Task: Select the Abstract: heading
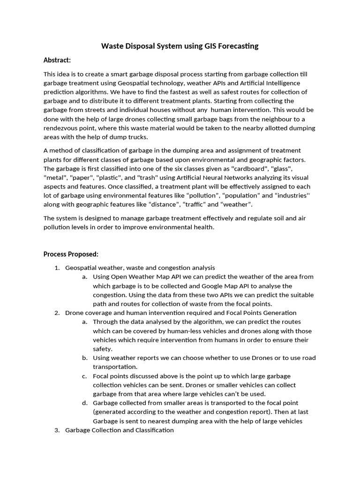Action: (x=57, y=60)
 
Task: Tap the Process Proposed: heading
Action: (x=71, y=254)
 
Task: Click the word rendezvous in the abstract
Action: (x=62, y=128)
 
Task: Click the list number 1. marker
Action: (x=57, y=268)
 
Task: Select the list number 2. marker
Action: (x=57, y=313)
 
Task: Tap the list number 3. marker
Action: (x=57, y=430)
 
